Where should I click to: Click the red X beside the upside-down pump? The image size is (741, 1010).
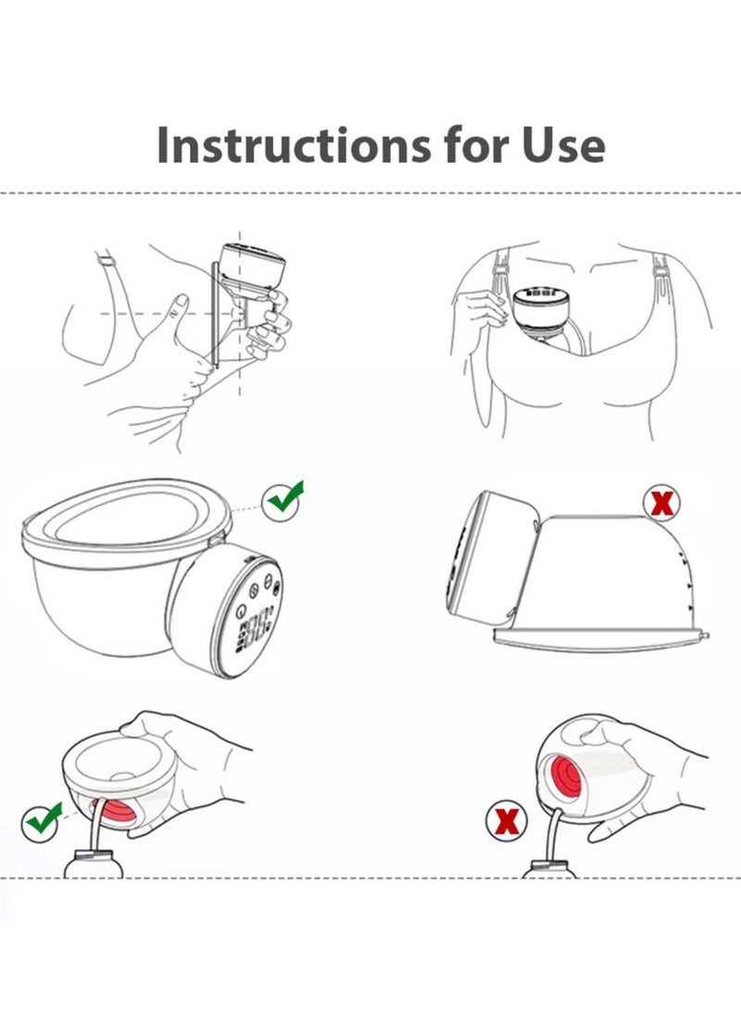pyautogui.click(x=662, y=504)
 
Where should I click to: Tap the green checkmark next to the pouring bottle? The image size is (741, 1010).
pyautogui.click(x=43, y=818)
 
